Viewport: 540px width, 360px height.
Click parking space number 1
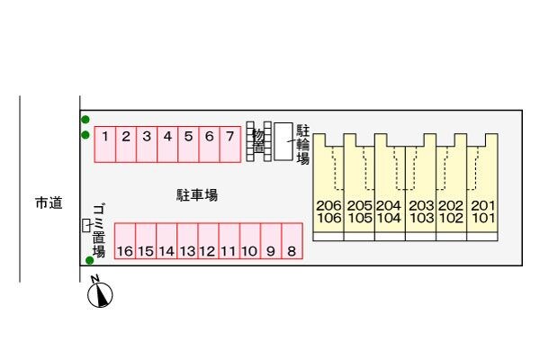point(105,144)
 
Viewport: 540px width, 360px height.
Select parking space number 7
point(229,144)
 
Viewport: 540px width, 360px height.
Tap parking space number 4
point(167,144)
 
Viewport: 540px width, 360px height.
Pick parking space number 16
point(124,242)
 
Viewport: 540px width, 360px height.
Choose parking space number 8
point(291,242)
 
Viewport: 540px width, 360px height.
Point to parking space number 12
point(207,242)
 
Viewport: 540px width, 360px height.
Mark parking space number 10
point(249,242)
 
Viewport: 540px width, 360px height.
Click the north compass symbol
point(102,293)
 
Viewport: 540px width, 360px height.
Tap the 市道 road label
point(49,203)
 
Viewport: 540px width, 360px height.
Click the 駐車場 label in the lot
point(196,193)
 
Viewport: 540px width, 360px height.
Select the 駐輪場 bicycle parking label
point(302,144)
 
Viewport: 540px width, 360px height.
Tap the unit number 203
point(421,205)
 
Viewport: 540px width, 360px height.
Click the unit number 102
point(452,218)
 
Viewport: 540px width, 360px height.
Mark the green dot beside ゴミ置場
point(90,261)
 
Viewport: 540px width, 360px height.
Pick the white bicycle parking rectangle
point(283,141)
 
